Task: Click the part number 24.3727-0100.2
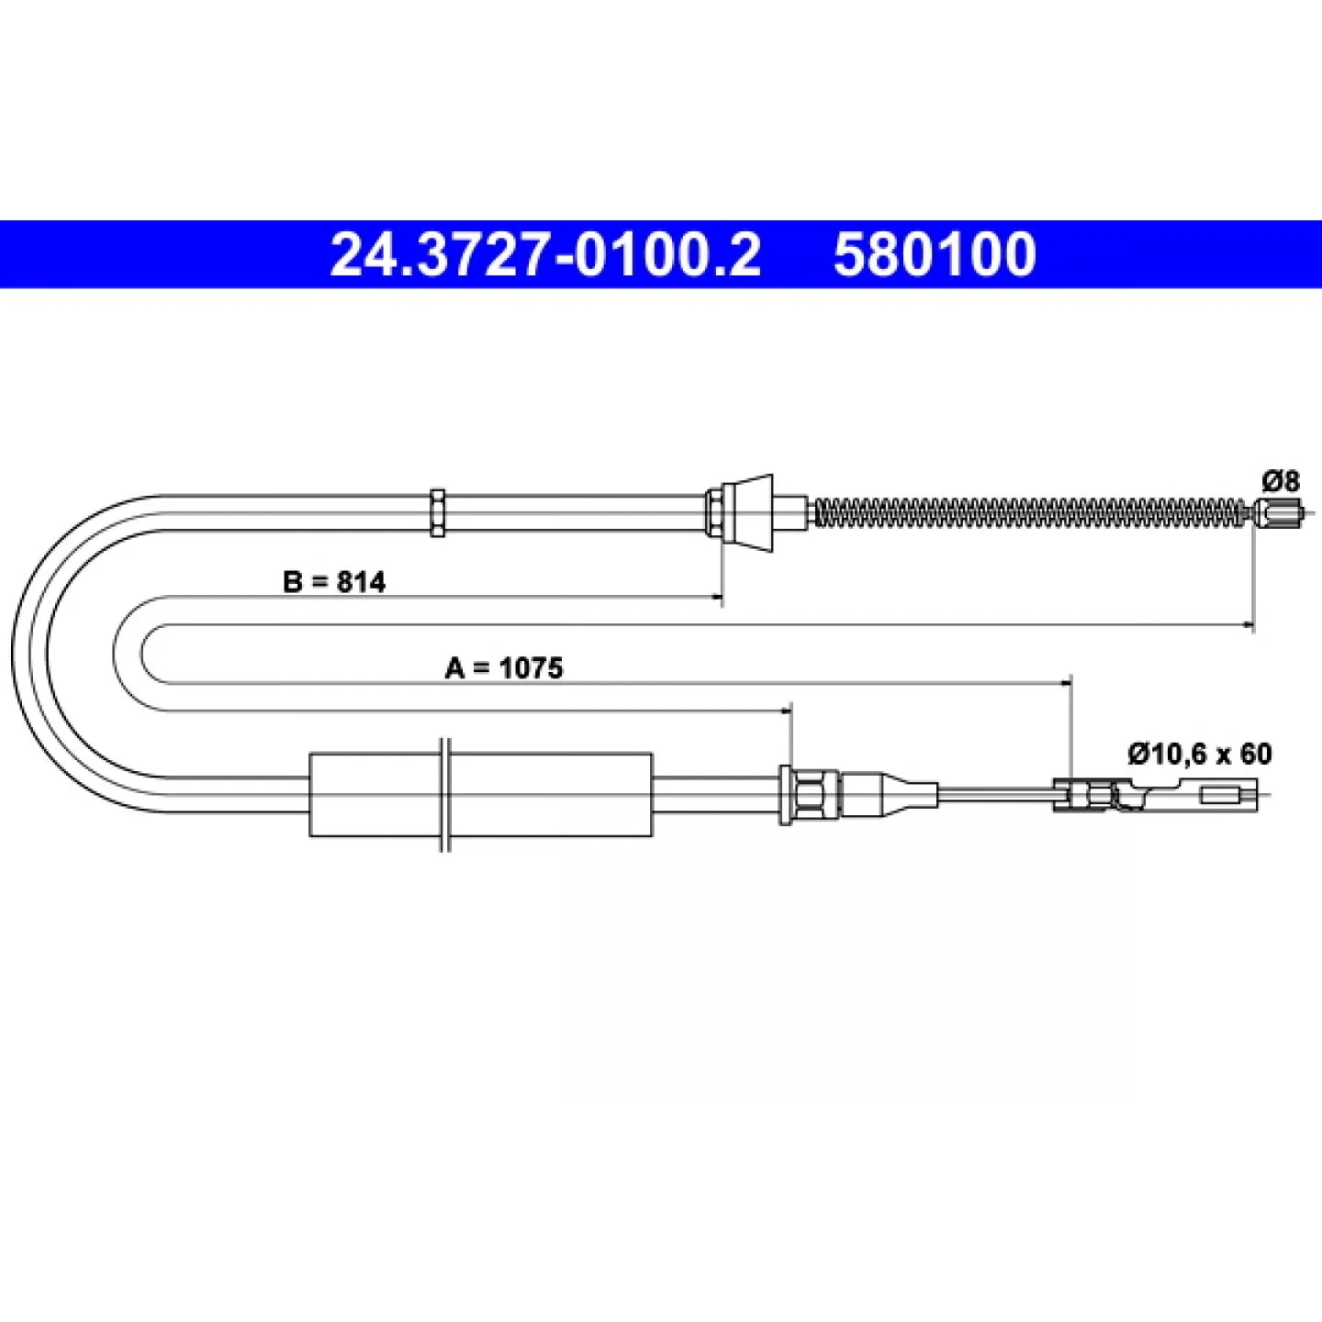[545, 255]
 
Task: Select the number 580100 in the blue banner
[935, 255]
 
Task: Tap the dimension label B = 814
[334, 582]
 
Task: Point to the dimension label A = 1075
[504, 667]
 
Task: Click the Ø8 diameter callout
[1280, 482]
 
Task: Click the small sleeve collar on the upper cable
[437, 512]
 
